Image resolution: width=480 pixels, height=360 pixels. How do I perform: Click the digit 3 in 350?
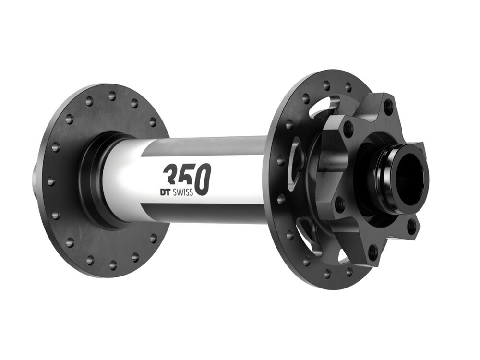point(171,175)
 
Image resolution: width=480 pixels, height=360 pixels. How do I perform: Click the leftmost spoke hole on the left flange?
point(50,181)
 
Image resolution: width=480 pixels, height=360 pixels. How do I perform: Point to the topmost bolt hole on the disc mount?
point(388,105)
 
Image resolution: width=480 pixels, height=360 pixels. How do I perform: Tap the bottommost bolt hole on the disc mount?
point(372,250)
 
